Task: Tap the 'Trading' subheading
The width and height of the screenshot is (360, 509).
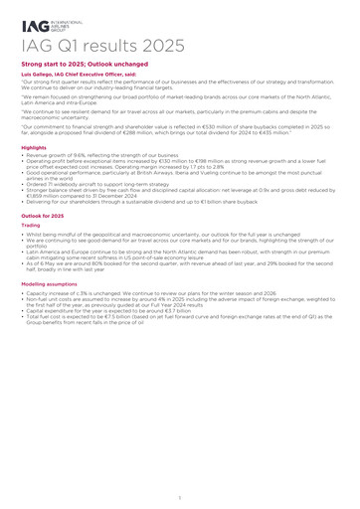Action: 31,225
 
